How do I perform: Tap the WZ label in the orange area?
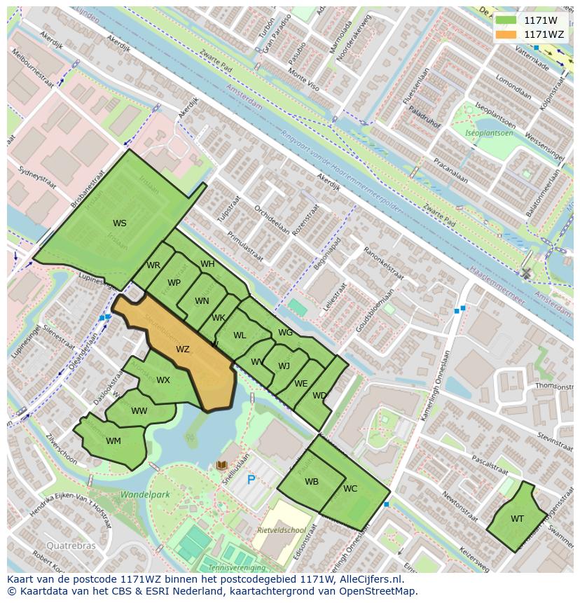click(x=183, y=349)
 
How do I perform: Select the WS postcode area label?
click(x=120, y=223)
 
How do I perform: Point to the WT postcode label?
click(x=517, y=519)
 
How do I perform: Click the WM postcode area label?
click(x=113, y=441)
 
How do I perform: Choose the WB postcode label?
click(x=312, y=482)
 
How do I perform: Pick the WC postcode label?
click(x=350, y=489)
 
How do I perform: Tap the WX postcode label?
click(x=163, y=381)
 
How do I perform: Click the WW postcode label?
click(x=139, y=411)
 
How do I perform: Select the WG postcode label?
click(x=285, y=333)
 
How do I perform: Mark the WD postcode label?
click(x=319, y=396)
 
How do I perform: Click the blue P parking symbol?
click(x=251, y=480)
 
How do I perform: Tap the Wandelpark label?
click(x=145, y=494)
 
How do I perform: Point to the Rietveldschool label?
click(x=282, y=530)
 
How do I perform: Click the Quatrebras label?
click(x=69, y=545)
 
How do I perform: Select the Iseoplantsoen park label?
click(x=490, y=133)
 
